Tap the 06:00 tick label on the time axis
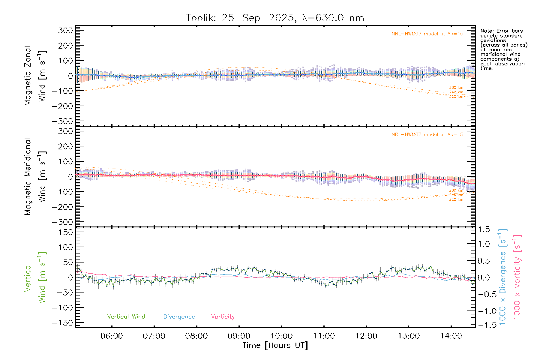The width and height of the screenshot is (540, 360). tap(111, 336)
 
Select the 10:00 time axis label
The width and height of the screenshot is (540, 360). tap(281, 336)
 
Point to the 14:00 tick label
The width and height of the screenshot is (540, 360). tap(451, 336)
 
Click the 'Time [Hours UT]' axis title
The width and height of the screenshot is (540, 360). tap(275, 346)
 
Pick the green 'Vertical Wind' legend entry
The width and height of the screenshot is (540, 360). tap(126, 317)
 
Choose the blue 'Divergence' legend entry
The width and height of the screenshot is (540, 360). tap(179, 317)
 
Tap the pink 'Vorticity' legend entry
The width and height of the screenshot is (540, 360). tap(223, 317)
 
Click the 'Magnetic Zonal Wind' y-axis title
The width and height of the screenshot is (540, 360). tap(35, 76)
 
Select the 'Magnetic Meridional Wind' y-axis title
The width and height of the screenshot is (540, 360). tap(35, 177)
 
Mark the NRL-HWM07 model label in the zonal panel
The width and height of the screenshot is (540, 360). tap(427, 34)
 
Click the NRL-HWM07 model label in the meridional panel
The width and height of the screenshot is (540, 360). tap(427, 135)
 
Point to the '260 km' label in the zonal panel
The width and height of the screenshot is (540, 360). tap(456, 88)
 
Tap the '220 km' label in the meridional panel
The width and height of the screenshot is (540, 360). tap(456, 199)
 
